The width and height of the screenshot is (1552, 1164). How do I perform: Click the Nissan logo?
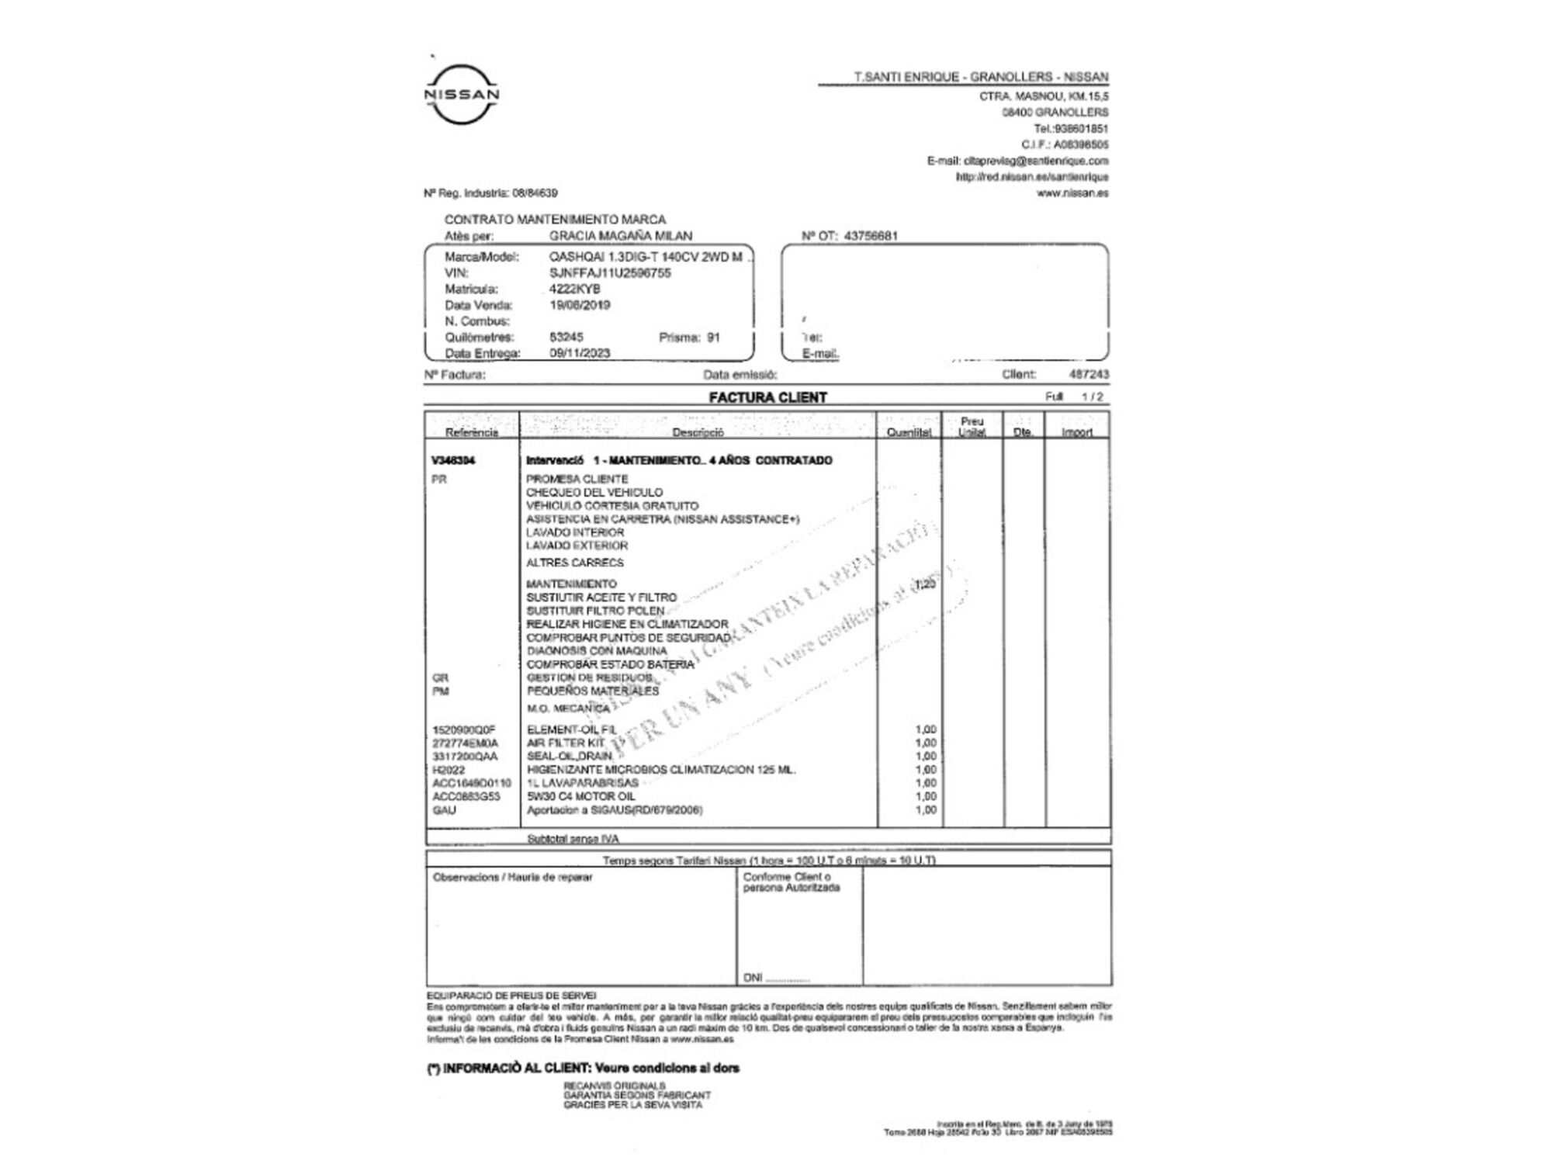coord(462,94)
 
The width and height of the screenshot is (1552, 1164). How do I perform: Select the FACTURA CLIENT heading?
coord(767,397)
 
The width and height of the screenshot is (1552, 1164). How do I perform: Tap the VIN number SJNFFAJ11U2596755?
coord(610,273)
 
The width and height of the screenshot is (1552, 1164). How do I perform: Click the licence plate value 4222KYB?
coord(574,289)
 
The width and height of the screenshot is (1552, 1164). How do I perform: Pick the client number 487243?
coord(1089,374)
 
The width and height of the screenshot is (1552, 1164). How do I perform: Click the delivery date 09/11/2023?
coord(580,353)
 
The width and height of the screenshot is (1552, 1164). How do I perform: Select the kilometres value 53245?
coord(566,337)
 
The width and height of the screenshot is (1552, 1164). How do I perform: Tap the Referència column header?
coord(471,432)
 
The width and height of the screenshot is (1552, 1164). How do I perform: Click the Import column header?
coord(1076,432)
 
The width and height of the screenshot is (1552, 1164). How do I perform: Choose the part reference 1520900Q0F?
coord(463,729)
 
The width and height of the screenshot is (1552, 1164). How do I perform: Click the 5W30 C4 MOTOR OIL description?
coord(580,796)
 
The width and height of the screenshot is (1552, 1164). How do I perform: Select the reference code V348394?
coord(453,460)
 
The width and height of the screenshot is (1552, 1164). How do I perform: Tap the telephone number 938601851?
coord(1081,129)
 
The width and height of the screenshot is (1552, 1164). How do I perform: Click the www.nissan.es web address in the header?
coord(1072,193)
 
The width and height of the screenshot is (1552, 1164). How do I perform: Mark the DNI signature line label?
coord(752,978)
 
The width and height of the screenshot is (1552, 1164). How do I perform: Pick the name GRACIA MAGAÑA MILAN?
coord(620,236)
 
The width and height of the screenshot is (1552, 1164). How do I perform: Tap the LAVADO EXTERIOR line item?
coord(577,546)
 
